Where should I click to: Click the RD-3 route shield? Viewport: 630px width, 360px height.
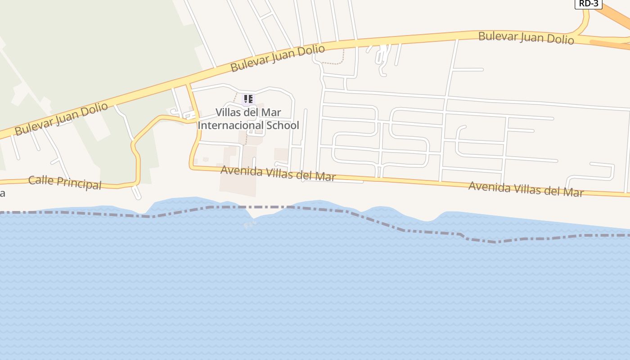pyautogui.click(x=588, y=4)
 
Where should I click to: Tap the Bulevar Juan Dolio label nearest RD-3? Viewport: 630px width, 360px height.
pyautogui.click(x=526, y=38)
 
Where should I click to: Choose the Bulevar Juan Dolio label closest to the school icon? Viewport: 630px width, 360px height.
pyautogui.click(x=278, y=58)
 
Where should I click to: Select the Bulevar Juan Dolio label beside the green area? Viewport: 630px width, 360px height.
pyautogui.click(x=61, y=119)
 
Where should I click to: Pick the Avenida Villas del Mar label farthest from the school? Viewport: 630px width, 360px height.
pyautogui.click(x=526, y=189)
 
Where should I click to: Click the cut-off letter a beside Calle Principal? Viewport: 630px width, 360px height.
pyautogui.click(x=2, y=193)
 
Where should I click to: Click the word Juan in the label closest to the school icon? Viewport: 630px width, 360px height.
pyautogui.click(x=283, y=56)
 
